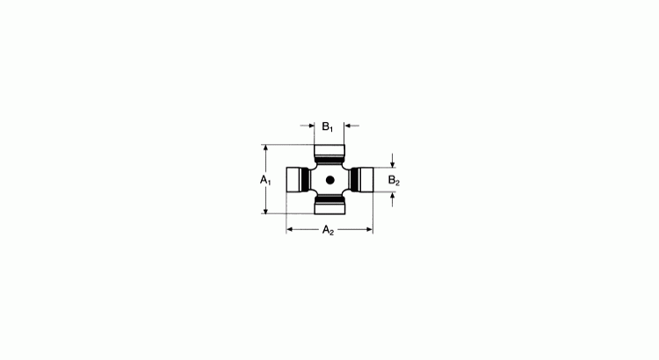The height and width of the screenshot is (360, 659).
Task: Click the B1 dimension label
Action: pos(328,126)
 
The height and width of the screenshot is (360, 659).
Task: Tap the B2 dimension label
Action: pos(394,181)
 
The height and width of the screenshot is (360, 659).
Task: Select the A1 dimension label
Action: pos(265,180)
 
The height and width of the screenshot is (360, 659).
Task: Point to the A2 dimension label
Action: pos(328,230)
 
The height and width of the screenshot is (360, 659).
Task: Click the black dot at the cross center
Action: pos(329,180)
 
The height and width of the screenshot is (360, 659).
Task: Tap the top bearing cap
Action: pos(329,150)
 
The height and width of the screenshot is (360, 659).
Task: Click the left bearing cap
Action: pos(293,180)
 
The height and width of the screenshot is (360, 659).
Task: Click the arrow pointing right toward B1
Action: pos(308,126)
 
